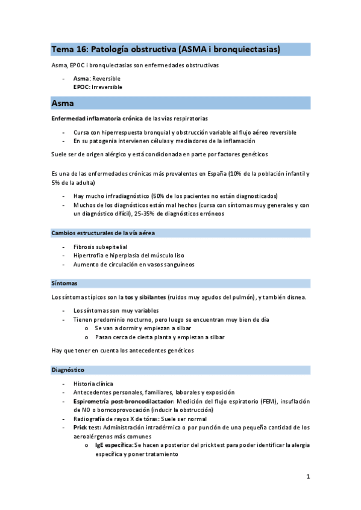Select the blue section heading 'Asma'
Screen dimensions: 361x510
tap(63, 103)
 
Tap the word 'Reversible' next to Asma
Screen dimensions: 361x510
tap(106, 79)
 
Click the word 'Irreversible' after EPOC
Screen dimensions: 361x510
tap(108, 87)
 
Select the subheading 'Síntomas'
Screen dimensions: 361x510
tap(64, 283)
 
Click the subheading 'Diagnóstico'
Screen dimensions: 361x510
tap(68, 370)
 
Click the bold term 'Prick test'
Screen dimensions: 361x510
tap(87, 428)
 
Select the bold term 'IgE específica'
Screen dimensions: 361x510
tap(114, 445)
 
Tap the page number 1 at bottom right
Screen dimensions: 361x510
tap(307, 477)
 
